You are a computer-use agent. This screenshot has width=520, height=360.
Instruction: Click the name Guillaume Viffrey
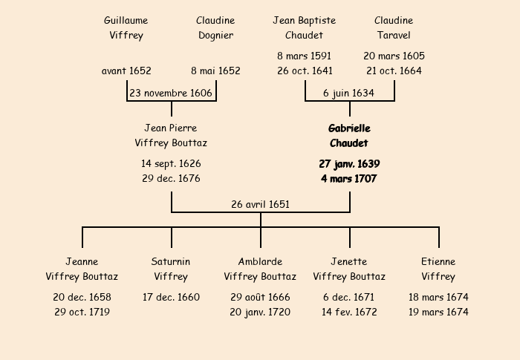click(x=126, y=27)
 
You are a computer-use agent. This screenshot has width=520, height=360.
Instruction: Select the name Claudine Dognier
click(x=215, y=27)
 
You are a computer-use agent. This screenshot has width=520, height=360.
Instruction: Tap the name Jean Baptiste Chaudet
click(x=304, y=27)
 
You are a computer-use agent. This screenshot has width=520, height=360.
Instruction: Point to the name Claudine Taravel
click(x=394, y=27)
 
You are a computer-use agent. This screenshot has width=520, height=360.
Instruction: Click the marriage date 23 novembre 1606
click(x=171, y=93)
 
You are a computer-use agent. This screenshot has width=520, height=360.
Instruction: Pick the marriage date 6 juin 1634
click(x=349, y=93)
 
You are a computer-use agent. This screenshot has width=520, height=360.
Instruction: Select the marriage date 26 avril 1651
click(x=260, y=204)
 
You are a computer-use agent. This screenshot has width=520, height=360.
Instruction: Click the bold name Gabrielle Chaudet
click(x=349, y=136)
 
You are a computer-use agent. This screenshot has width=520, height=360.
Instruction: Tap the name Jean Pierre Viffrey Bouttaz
click(x=171, y=135)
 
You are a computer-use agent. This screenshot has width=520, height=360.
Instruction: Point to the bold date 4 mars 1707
click(x=349, y=179)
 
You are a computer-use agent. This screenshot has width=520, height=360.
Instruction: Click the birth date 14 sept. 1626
click(x=171, y=163)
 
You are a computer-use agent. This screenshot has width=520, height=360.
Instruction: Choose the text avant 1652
click(x=126, y=71)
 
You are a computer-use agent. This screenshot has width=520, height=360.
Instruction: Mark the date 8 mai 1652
click(x=215, y=71)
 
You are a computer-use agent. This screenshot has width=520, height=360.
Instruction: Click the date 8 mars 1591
click(x=304, y=56)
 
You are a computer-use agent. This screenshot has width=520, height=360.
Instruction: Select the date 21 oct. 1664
click(x=394, y=71)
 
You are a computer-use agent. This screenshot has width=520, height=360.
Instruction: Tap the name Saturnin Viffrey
click(x=171, y=269)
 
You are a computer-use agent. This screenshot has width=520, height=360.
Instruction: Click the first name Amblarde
click(x=260, y=261)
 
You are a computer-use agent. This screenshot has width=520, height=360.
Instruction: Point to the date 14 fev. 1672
click(x=349, y=312)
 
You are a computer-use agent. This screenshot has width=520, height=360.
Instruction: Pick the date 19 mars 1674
click(x=438, y=312)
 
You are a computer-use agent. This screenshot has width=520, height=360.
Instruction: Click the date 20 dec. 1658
click(x=82, y=297)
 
